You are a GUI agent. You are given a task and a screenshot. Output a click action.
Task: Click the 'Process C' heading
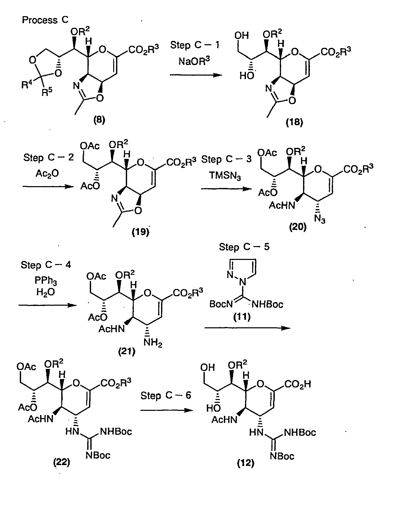45,20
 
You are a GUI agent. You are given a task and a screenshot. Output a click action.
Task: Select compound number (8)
99,120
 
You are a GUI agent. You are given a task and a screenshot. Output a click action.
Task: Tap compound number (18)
295,122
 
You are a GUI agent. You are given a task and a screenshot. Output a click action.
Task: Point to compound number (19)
140,232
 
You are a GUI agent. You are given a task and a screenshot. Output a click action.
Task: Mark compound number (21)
127,351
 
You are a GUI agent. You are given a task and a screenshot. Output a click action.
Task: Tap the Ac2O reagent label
47,174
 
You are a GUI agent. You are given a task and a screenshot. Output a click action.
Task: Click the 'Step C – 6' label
166,395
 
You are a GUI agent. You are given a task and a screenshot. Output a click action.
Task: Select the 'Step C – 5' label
244,247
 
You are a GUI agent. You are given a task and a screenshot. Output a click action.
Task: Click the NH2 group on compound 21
153,343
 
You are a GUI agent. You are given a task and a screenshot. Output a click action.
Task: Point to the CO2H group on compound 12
298,384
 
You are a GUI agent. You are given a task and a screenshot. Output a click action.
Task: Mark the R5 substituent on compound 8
47,92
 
